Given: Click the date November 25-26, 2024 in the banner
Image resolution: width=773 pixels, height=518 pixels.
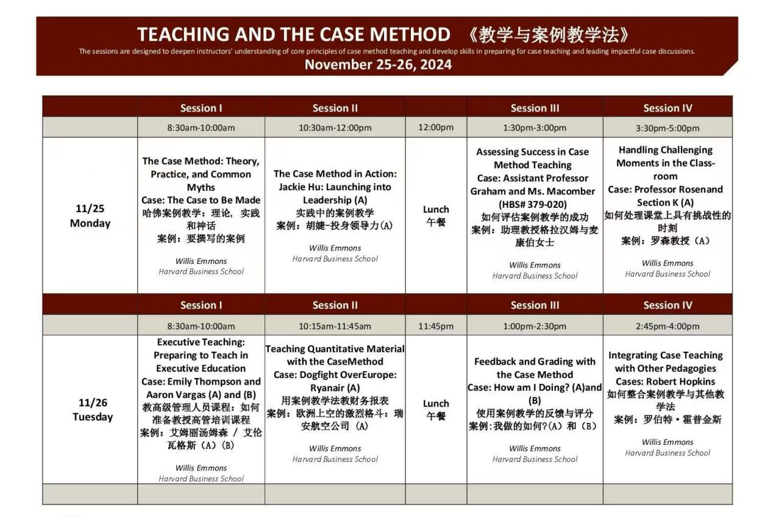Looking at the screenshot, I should pos(378,65).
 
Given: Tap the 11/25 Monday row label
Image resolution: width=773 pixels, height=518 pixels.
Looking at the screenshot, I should pos(90,216).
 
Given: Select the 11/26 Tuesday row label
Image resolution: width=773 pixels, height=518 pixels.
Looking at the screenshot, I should pos(92,410).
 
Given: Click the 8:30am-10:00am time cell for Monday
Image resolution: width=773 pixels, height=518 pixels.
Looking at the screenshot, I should pos(201,128).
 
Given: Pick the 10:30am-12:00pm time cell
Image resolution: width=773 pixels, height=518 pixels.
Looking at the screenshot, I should pos(335,128).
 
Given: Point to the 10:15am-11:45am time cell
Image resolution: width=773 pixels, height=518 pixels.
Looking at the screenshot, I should pos(335,326).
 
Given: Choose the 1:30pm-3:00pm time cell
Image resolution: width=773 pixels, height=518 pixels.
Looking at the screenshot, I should pos(535,128).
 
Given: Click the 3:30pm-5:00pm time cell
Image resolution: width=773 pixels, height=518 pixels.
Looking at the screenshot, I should pos(668,128).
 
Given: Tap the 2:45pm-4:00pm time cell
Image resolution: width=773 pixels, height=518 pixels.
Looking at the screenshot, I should pos(668,326).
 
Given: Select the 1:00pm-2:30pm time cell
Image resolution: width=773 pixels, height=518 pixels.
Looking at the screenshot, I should pos(535,326).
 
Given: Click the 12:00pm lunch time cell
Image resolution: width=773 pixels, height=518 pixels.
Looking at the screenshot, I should pos(436,128).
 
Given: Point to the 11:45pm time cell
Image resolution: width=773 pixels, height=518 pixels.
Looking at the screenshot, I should pos(436,326).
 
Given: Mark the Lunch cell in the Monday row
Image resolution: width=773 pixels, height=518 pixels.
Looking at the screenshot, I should pos(436,215).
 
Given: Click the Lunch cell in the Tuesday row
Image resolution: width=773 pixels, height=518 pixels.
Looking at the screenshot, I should pos(436,410).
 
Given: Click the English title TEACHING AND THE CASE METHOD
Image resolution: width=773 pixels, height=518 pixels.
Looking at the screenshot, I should pos(293,34).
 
